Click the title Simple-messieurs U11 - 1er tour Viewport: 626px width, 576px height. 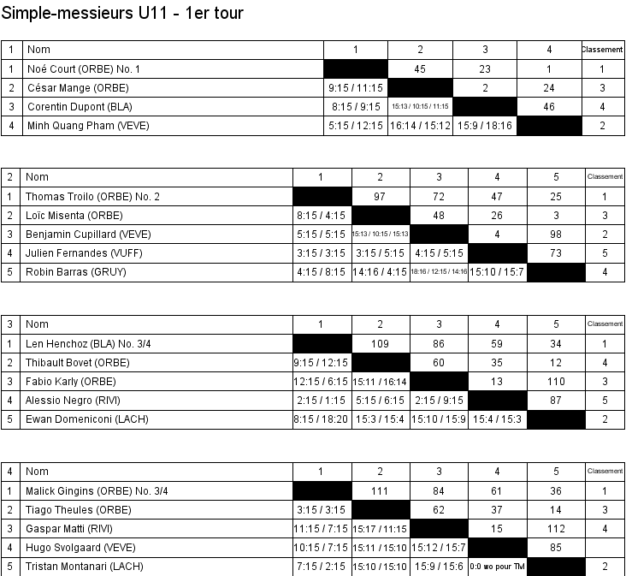click(x=122, y=13)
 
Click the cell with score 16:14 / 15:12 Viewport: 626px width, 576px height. click(x=420, y=126)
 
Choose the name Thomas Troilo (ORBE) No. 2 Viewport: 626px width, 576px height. click(x=93, y=197)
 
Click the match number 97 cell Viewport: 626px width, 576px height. click(x=381, y=197)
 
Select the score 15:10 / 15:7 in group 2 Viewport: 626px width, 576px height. click(x=498, y=272)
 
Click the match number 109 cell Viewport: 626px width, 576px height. click(x=381, y=344)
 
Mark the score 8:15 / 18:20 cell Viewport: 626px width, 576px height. click(x=322, y=419)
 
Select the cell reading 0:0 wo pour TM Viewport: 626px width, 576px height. click(x=498, y=567)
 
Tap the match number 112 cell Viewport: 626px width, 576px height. click(x=556, y=529)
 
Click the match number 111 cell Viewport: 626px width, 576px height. click(x=381, y=491)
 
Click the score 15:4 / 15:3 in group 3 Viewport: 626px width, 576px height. click(x=498, y=419)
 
